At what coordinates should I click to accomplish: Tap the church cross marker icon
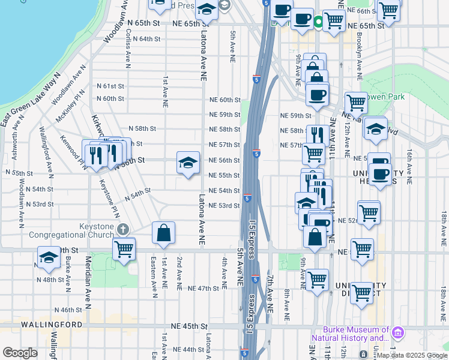click(x=123, y=229)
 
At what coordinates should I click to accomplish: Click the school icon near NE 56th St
click(x=188, y=163)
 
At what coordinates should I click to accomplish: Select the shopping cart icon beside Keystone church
click(x=124, y=248)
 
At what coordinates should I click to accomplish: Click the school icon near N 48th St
click(x=49, y=258)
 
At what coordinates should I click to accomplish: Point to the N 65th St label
click(x=144, y=22)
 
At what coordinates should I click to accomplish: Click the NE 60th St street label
click(x=224, y=100)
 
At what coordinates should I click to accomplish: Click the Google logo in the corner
click(x=20, y=353)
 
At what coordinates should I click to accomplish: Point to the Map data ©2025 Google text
click(x=412, y=355)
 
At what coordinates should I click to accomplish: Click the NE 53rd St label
click(x=224, y=206)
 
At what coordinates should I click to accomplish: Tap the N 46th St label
click(x=67, y=310)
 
